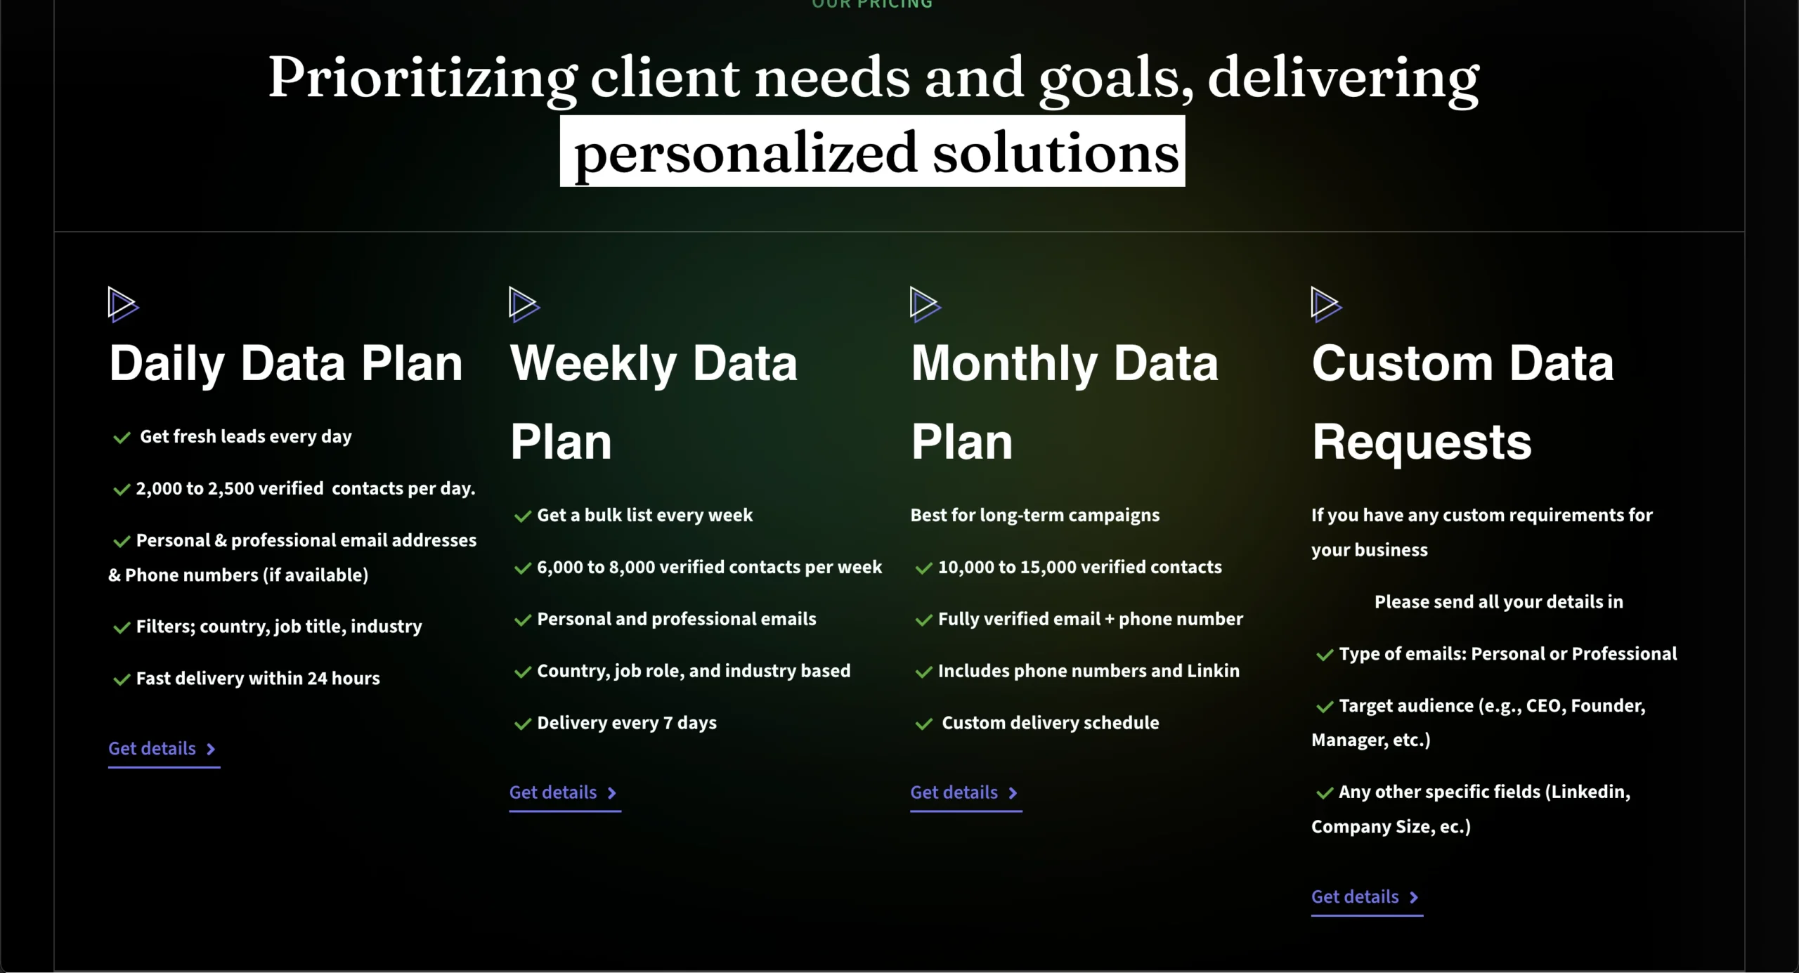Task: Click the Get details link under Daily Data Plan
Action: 163,749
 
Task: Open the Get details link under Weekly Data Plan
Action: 564,793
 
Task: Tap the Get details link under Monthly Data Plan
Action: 966,793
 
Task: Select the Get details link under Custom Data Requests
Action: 1366,897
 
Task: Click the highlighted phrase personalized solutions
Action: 873,152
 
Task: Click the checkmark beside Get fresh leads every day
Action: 122,438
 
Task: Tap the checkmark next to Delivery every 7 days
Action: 522,724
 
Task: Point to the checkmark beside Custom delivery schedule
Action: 923,724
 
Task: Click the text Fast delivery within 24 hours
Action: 258,679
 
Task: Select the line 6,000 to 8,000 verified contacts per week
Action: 709,568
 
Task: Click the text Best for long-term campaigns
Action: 1035,516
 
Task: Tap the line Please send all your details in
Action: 1499,602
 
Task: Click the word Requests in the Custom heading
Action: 1422,443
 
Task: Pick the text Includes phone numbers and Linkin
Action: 1089,672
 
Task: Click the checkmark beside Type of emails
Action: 1325,655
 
